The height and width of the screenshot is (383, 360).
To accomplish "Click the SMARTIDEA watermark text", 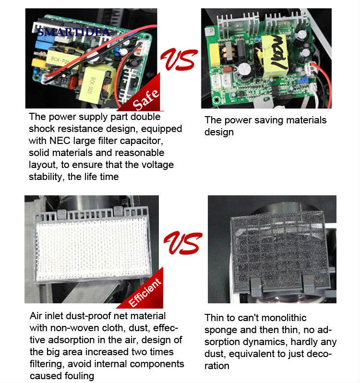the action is [74, 32].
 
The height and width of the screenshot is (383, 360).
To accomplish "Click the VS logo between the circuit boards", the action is [179, 59].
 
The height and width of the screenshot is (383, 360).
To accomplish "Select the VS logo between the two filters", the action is [183, 243].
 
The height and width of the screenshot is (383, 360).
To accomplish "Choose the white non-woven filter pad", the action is [92, 249].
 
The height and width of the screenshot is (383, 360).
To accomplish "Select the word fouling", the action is [79, 376].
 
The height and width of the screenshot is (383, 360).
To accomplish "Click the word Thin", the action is [214, 318].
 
